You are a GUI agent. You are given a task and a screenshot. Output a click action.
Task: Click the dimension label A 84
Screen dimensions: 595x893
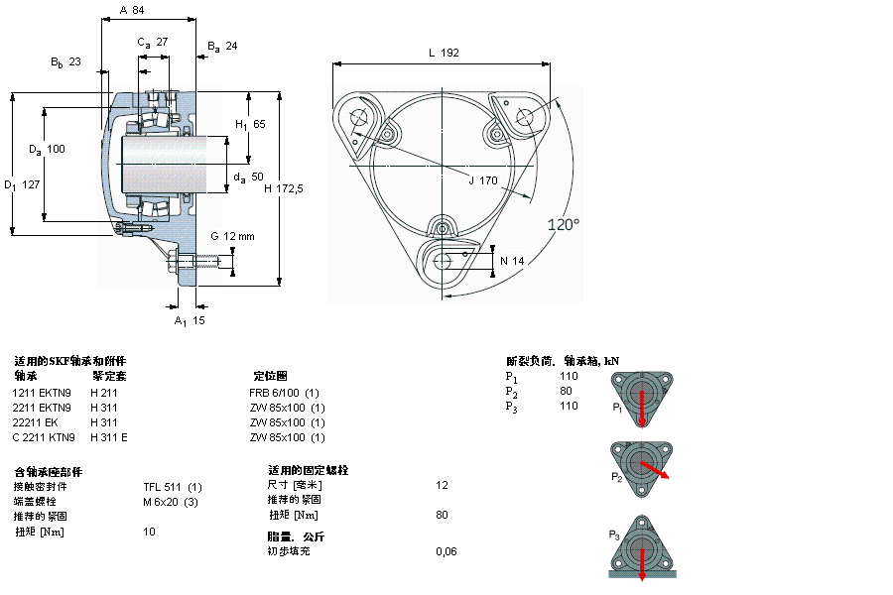[131, 10]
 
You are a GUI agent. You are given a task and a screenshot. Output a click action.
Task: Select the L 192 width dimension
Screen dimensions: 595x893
[443, 54]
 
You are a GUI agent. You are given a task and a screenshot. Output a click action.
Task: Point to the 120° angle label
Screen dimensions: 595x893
[564, 225]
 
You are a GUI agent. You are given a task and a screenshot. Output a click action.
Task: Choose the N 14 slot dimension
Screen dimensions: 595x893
[511, 260]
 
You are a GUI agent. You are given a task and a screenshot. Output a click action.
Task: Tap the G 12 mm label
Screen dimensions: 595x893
[232, 236]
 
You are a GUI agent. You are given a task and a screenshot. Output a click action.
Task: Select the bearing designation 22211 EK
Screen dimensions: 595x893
[35, 422]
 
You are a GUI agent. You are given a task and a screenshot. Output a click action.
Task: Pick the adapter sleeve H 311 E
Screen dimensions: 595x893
[109, 437]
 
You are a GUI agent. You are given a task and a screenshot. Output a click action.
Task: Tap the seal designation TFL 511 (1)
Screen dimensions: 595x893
[173, 486]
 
